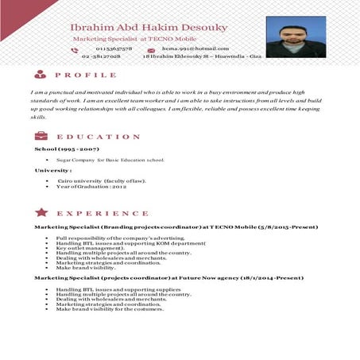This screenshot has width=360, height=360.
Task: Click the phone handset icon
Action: [75, 49]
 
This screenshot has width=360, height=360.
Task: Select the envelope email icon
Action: [152, 49]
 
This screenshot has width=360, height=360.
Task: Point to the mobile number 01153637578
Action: [102, 49]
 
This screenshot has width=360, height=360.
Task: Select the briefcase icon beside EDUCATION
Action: [40, 136]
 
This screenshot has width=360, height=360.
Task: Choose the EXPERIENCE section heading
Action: [103, 214]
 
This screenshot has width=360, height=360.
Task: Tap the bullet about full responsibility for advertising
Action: [120, 238]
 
